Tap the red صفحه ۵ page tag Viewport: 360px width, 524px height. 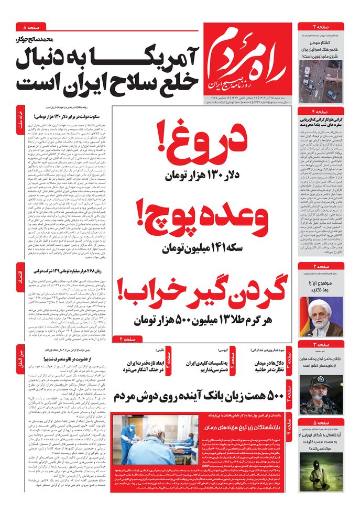point(321,422)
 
